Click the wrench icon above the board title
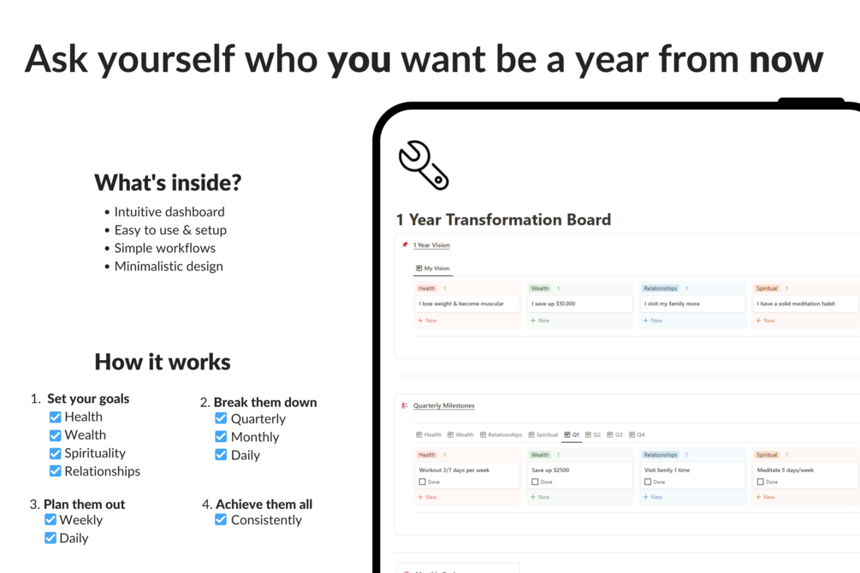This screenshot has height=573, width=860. click(423, 164)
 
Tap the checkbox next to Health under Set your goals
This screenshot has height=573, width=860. click(56, 417)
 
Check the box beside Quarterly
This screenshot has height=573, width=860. click(221, 418)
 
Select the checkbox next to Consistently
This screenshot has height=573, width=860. click(221, 519)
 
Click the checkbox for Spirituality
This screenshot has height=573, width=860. click(56, 453)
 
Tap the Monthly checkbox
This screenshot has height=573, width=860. click(221, 436)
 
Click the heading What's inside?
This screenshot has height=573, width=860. click(168, 182)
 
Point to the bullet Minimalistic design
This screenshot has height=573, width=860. click(168, 266)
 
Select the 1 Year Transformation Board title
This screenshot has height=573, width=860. click(503, 220)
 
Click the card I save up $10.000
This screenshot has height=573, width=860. click(579, 304)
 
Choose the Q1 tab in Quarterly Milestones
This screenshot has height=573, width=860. click(572, 434)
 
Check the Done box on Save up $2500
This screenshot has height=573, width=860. click(535, 482)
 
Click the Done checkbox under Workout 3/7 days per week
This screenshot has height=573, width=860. click(422, 482)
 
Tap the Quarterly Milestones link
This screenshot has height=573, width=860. click(443, 405)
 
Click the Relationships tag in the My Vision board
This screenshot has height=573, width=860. click(660, 288)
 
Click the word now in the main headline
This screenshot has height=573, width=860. click(786, 58)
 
